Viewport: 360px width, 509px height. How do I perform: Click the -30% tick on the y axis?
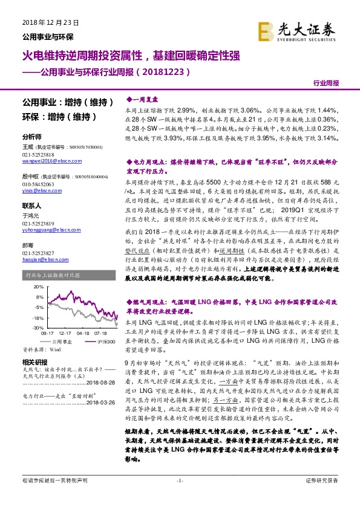click(x=38, y=327)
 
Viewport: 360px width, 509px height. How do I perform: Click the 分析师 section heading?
click(x=31, y=137)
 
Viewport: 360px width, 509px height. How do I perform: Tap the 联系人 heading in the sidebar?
click(x=31, y=206)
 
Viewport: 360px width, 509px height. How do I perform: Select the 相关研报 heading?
click(x=33, y=361)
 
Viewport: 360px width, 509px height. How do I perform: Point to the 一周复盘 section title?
click(x=144, y=97)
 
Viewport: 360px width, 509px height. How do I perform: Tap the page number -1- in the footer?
click(x=179, y=498)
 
